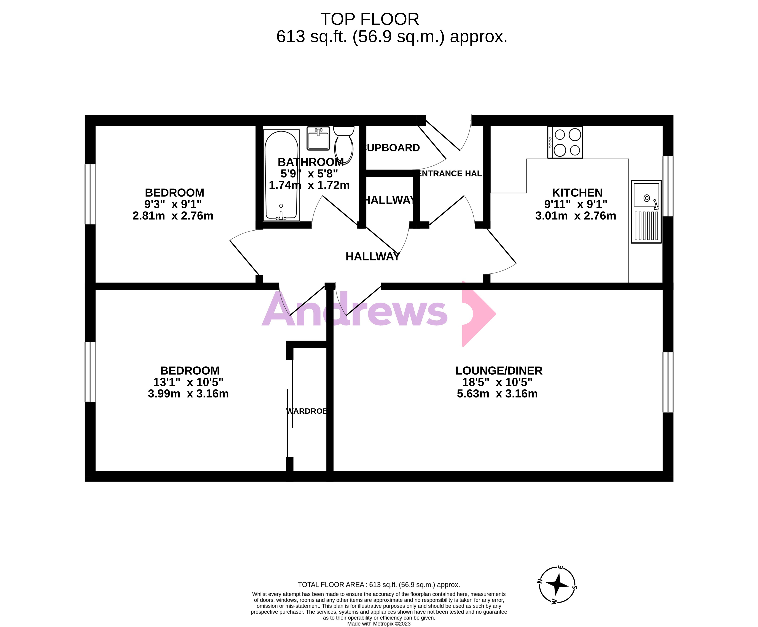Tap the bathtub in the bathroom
point(281,175)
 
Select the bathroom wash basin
point(318,138)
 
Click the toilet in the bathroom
point(344,144)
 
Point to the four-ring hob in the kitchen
point(565,142)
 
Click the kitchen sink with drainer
point(646,212)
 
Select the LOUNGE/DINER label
point(498,370)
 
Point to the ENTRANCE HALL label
point(450,174)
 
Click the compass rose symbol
point(557,585)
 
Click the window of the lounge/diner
point(668,382)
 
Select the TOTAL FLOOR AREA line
point(379,585)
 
